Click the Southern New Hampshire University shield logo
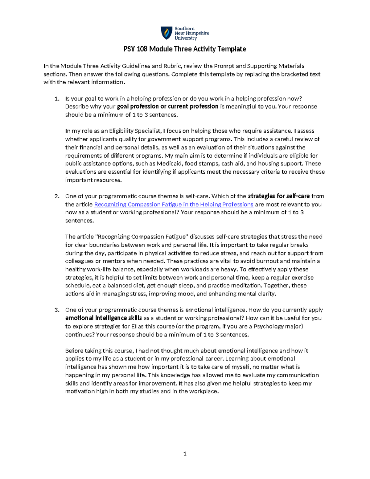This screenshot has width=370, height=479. pyautogui.click(x=167, y=33)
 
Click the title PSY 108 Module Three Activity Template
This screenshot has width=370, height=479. pyautogui.click(x=185, y=49)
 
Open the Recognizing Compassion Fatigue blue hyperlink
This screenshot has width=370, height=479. pyautogui.click(x=174, y=204)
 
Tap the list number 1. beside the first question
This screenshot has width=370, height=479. pyautogui.click(x=56, y=99)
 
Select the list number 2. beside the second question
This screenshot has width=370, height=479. pyautogui.click(x=56, y=196)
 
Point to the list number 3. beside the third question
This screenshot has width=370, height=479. pyautogui.click(x=56, y=310)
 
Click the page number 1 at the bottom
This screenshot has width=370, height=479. pyautogui.click(x=185, y=454)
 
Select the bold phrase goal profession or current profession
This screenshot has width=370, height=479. pyautogui.click(x=168, y=107)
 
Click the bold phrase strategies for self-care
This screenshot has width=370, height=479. pyautogui.click(x=279, y=196)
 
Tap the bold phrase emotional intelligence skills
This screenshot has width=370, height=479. pyautogui.click(x=104, y=318)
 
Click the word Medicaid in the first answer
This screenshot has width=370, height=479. pyautogui.click(x=169, y=164)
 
